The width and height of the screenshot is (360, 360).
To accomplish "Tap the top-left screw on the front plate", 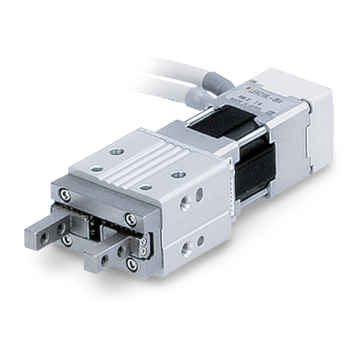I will (63, 193).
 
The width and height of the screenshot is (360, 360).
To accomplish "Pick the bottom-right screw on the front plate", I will (132, 265).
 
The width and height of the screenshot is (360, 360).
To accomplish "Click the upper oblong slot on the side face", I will (199, 193).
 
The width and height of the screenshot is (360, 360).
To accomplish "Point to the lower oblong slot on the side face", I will (199, 242).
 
